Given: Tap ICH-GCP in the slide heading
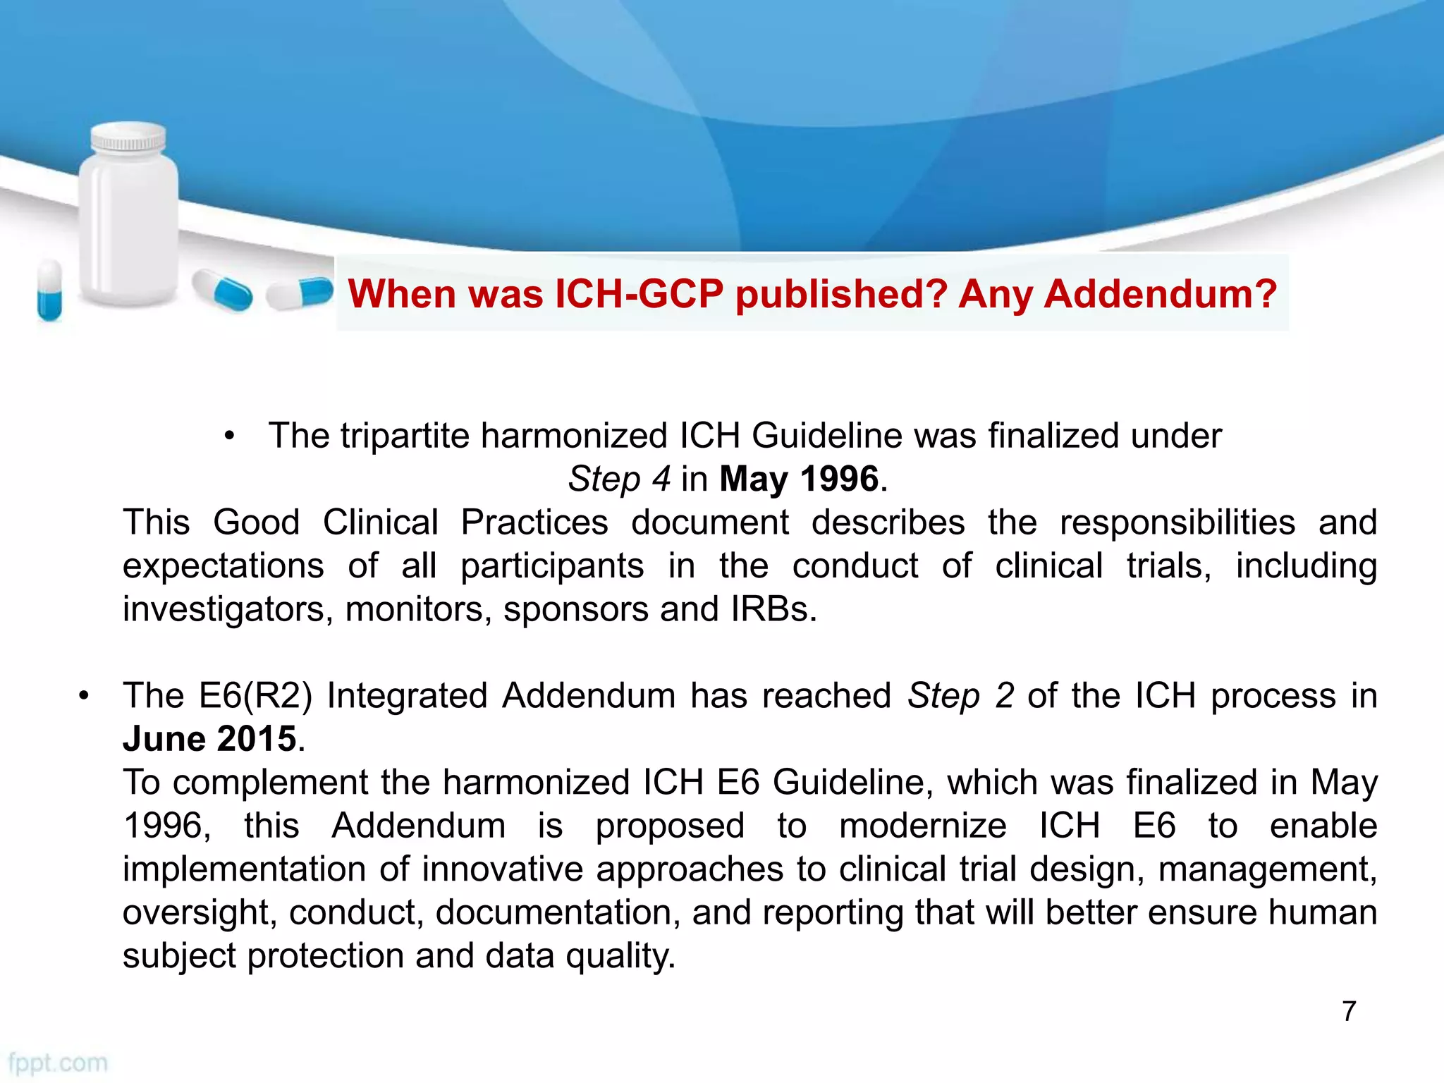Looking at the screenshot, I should [x=639, y=294].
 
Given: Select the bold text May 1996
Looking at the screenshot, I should [x=800, y=479].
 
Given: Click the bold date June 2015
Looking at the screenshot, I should [x=209, y=740].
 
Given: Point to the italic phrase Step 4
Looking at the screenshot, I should [x=619, y=479].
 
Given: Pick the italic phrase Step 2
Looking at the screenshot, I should [x=960, y=696].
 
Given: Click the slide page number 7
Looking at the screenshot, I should [x=1349, y=1011].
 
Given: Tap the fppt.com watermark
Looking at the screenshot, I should [x=58, y=1063].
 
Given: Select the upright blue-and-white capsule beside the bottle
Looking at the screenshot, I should [x=49, y=290].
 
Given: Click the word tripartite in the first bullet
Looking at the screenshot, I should [x=405, y=436].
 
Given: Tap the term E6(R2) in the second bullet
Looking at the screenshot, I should [x=255, y=696].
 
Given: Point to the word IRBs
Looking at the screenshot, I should [x=773, y=609].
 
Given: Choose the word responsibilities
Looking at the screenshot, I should [x=1177, y=522].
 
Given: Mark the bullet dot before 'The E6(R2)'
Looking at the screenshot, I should [x=85, y=697].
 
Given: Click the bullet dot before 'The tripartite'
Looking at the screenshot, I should [x=229, y=436].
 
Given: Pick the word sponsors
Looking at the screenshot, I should [x=575, y=609].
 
